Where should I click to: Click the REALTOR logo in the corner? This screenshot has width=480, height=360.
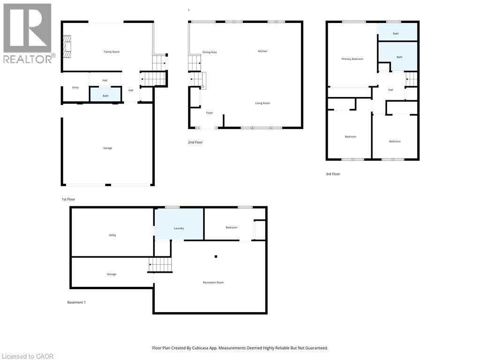pos(28,33)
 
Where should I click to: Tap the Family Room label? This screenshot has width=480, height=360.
pos(112,52)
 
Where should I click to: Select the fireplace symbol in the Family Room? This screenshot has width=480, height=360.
pos(68,47)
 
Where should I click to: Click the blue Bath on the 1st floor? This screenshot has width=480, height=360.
pos(105,95)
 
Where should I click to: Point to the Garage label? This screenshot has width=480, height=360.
pos(108,148)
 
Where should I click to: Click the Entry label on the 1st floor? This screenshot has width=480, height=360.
pos(75,88)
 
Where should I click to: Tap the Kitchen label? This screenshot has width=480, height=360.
pos(262,51)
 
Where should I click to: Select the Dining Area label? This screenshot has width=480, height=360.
pos(210,52)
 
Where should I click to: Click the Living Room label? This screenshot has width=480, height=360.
pos(262,103)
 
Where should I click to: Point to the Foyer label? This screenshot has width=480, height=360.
pos(210,113)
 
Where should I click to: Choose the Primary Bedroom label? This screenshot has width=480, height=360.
pos(352,59)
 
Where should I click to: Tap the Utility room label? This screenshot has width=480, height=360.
pos(112,235)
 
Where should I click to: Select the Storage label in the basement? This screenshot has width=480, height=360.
pos(112,274)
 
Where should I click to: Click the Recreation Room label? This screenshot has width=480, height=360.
pos(213,283)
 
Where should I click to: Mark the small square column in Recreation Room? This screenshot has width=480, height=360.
pos(216,256)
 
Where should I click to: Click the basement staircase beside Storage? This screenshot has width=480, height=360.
pos(160,265)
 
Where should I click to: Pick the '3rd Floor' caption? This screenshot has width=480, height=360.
pos(333,174)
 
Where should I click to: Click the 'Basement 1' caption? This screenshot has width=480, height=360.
pos(76,302)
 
